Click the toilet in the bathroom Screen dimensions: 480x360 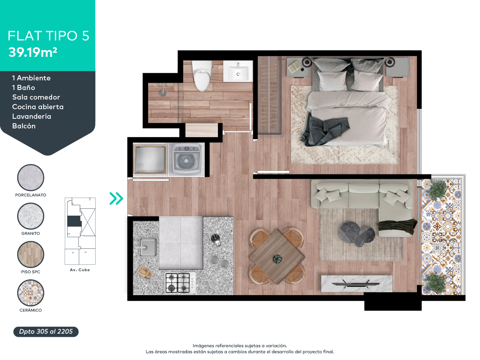pyautogui.click(x=202, y=76)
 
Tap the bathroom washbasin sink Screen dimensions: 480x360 pyautogui.click(x=238, y=71)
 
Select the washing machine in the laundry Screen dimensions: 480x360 pyautogui.click(x=186, y=159)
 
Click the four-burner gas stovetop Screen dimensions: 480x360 pyautogui.click(x=180, y=283)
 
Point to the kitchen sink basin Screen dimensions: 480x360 pyautogui.click(x=148, y=247)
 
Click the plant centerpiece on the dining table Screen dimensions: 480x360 pyautogui.click(x=278, y=259)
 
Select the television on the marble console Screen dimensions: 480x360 pyautogui.click(x=356, y=284)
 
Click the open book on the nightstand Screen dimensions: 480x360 pyautogui.click(x=294, y=66)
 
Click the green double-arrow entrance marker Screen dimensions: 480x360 pyautogui.click(x=116, y=198)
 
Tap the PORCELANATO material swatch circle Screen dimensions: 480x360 pyautogui.click(x=31, y=178)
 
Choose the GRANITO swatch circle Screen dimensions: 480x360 pyautogui.click(x=31, y=216)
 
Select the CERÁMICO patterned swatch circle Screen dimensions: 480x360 pyautogui.click(x=31, y=293)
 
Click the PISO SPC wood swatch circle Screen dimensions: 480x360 pyautogui.click(x=31, y=254)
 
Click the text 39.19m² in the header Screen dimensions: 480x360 pyautogui.click(x=32, y=52)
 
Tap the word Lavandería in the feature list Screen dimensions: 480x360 pyautogui.click(x=32, y=116)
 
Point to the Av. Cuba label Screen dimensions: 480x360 pyautogui.click(x=80, y=270)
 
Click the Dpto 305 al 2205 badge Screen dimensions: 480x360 pyautogui.click(x=46, y=332)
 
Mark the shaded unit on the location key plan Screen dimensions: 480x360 pyautogui.click(x=74, y=221)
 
